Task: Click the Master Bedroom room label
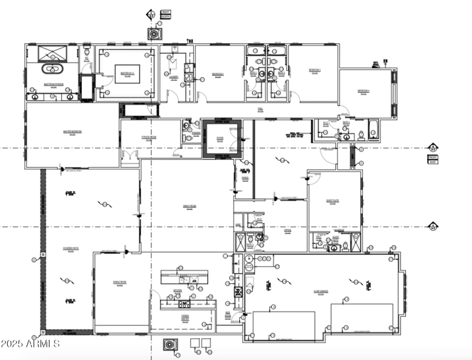[72, 132]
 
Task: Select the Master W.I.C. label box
[127, 74]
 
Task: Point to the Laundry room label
[174, 77]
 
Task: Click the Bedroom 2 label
[218, 74]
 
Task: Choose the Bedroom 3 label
[314, 70]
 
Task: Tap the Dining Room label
[120, 283]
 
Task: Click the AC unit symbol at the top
[155, 34]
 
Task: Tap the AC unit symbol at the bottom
[170, 344]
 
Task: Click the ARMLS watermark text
[31, 343]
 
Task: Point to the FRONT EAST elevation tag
[433, 158]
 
